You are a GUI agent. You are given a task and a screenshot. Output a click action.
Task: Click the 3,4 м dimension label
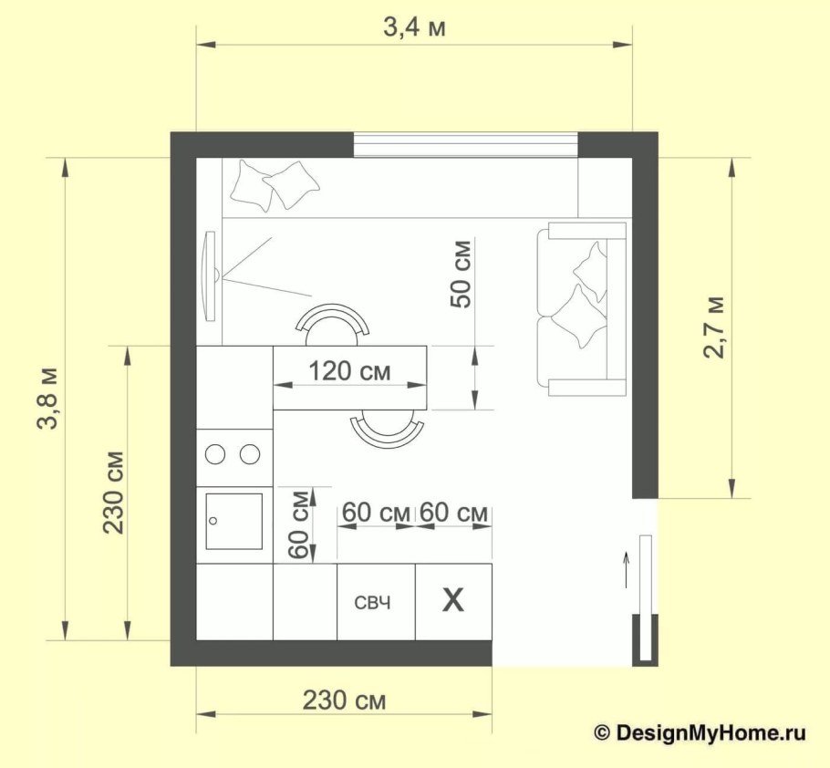point(414,27)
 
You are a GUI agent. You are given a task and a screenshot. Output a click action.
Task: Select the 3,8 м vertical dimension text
point(47,399)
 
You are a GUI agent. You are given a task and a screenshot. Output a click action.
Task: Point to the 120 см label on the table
point(349,371)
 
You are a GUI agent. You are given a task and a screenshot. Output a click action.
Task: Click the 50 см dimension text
point(462,275)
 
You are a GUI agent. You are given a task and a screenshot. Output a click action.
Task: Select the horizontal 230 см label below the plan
point(344,701)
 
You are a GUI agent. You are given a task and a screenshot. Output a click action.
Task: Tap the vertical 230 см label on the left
point(113,493)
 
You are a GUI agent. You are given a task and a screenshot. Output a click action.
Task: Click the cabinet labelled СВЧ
point(376,602)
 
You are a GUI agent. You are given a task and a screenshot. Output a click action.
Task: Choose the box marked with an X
point(453,601)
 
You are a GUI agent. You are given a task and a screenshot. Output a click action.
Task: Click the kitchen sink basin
point(233,522)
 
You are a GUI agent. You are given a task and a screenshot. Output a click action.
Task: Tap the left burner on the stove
point(216,453)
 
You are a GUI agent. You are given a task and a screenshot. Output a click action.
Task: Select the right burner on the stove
point(249,453)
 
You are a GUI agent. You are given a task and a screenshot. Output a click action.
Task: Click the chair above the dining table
point(333,322)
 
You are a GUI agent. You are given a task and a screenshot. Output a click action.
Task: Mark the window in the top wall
point(465,144)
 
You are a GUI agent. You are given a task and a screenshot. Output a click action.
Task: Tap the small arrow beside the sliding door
point(627,566)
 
